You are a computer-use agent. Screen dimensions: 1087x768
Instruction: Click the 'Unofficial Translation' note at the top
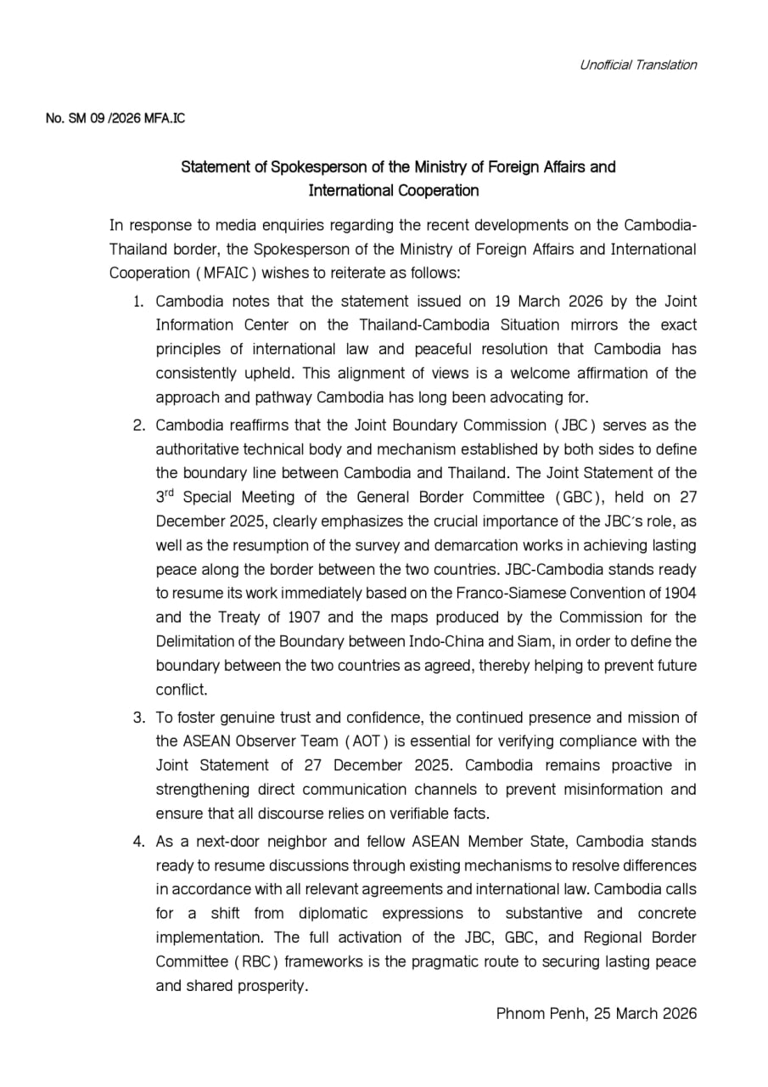637,65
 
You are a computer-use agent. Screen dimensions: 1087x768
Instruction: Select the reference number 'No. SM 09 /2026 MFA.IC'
115,118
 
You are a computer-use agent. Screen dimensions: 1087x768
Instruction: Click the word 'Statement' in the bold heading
214,166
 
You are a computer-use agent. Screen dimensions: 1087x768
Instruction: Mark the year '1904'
680,592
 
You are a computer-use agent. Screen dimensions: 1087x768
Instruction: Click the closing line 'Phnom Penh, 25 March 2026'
596,1013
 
